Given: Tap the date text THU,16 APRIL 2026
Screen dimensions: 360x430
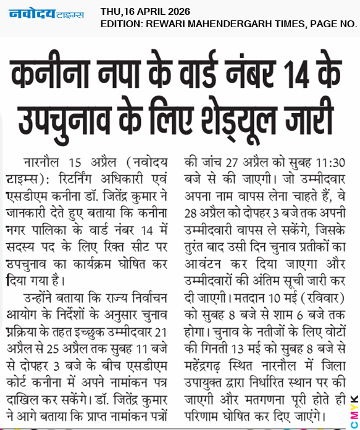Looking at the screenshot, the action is tap(145, 11).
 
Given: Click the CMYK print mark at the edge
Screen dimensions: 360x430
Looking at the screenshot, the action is tap(354, 403).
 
